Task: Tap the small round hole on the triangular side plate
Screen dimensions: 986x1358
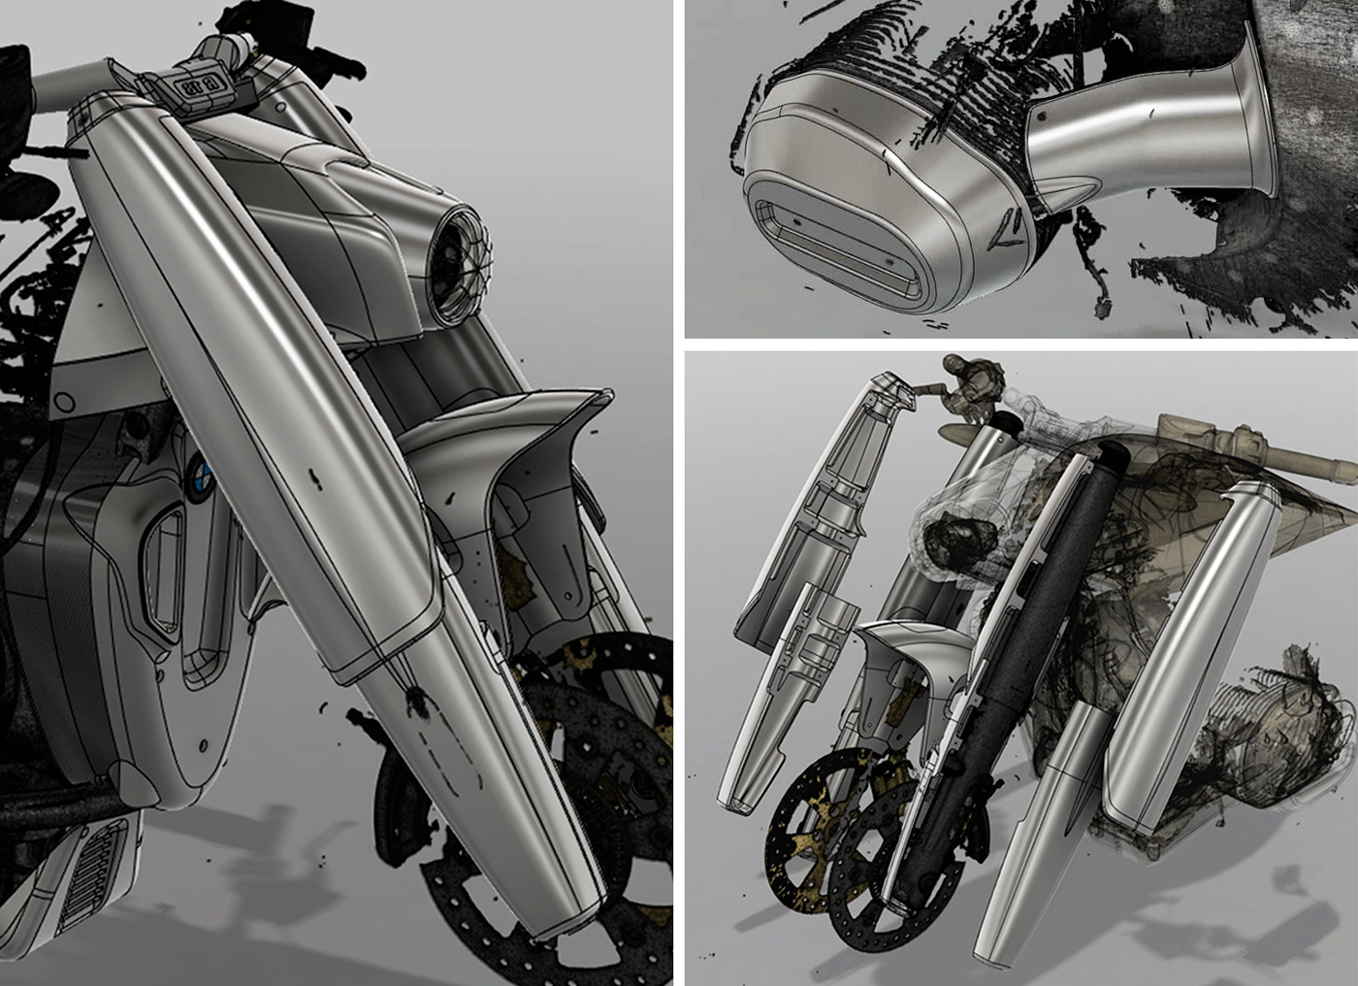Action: [68, 398]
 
